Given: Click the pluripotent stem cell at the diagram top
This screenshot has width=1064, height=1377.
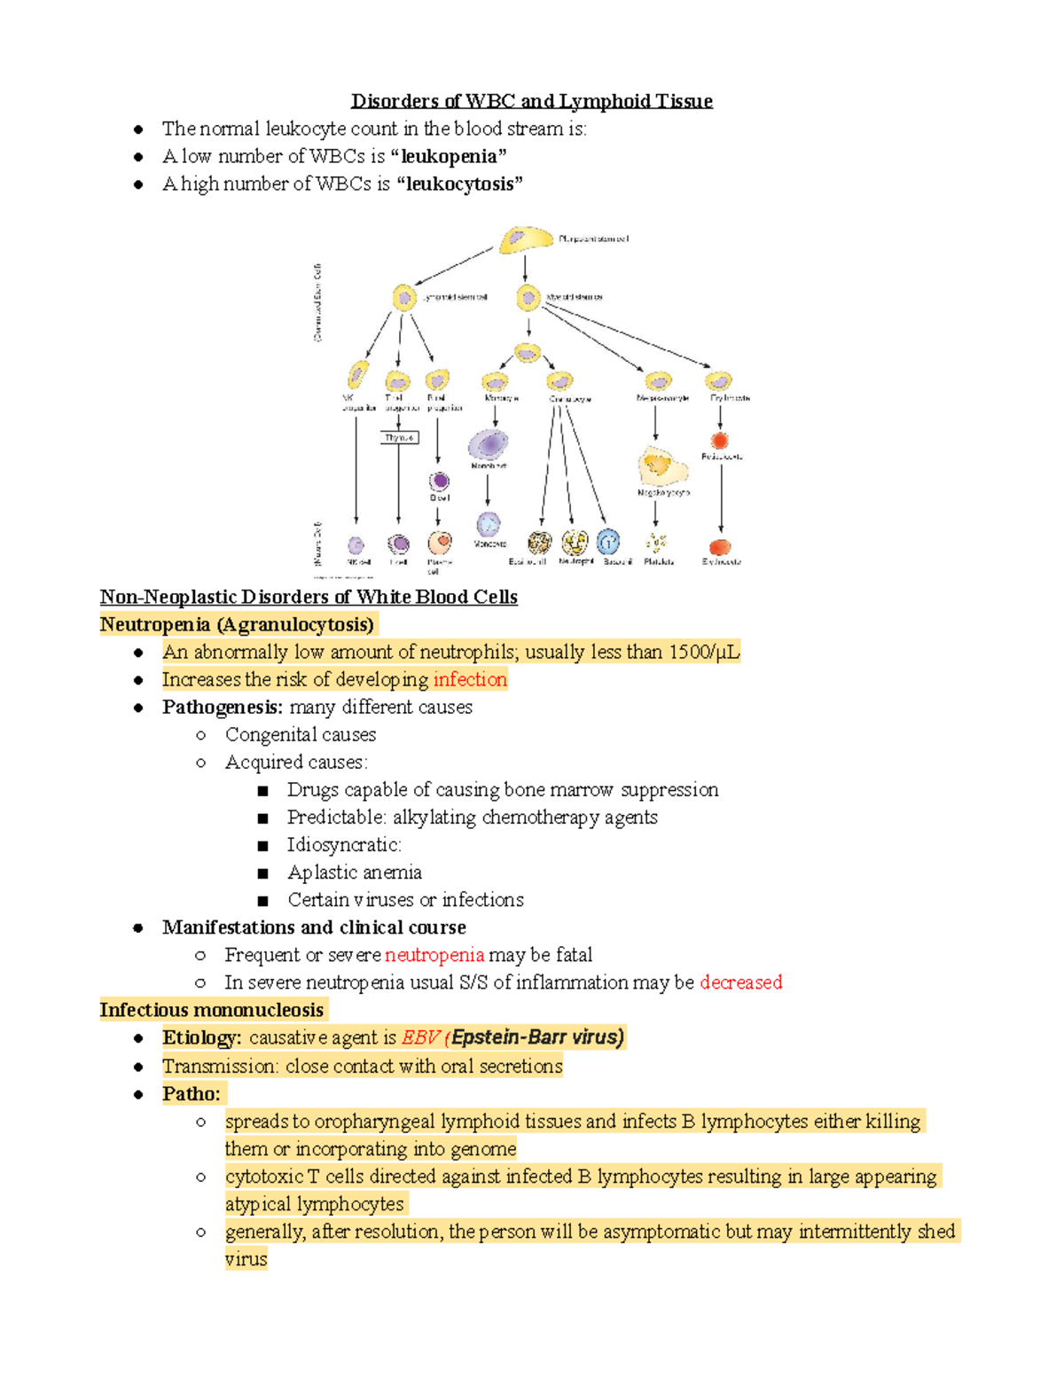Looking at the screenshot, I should point(526,240).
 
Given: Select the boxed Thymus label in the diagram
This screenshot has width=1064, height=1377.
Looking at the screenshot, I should point(399,437).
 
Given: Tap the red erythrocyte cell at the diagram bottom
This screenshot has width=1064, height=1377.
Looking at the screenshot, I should point(720,547).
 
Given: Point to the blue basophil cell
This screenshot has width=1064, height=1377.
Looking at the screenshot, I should point(608,542).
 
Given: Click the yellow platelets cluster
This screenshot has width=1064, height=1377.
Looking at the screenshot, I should point(657,543).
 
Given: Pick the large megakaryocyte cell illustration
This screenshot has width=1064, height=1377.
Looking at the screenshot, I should point(661,466).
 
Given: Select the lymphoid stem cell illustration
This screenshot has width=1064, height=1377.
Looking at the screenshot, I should point(404,297).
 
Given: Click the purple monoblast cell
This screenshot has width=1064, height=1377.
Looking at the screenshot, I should point(488,444).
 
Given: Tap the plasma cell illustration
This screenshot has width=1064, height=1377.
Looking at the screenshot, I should point(440,542).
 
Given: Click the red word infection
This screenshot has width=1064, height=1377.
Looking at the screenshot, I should point(470,680).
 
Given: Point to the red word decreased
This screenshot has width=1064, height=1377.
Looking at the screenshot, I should point(741,982).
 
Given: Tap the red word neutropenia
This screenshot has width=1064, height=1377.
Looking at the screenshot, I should point(434,955).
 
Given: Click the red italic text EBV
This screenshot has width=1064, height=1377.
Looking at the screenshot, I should point(421,1037).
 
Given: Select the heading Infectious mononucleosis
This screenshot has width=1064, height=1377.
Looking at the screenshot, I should point(212,1010).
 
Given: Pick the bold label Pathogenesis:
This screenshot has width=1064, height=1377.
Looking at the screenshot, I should point(223,708).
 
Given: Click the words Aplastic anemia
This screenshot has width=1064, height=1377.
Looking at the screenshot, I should point(354,872).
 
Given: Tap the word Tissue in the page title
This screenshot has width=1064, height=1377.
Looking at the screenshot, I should point(684,101).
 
